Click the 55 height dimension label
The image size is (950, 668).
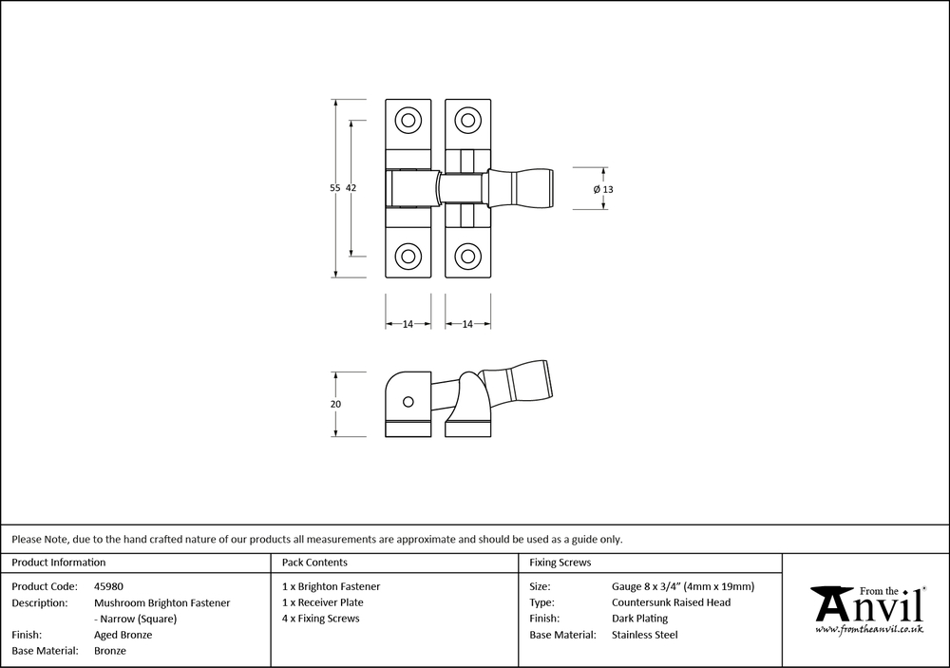(334, 188)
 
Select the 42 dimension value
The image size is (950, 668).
(351, 188)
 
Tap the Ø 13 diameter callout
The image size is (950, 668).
(603, 189)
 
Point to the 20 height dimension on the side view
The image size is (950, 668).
(335, 404)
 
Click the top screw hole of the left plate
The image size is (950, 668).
(408, 121)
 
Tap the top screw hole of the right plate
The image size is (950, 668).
(467, 121)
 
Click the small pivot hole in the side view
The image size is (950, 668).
(407, 402)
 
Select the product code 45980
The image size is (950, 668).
(108, 586)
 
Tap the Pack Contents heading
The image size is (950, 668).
(314, 563)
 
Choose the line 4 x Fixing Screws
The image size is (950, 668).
(321, 619)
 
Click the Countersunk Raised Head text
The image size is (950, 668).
(672, 602)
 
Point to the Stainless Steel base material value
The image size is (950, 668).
(645, 635)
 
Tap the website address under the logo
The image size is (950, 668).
(869, 630)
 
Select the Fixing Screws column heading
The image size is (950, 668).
(560, 563)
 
